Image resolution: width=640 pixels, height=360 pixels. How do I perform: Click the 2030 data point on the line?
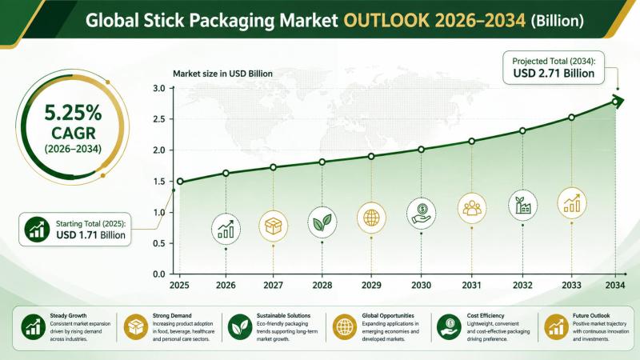(422, 150)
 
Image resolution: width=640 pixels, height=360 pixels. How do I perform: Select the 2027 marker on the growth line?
(273, 167)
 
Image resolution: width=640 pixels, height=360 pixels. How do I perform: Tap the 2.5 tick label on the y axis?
(158, 119)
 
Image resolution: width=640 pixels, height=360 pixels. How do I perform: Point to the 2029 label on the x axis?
(371, 285)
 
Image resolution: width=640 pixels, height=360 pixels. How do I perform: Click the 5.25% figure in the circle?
(73, 113)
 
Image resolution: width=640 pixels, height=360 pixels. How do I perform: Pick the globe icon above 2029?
(371, 218)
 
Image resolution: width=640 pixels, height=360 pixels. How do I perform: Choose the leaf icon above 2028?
(322, 222)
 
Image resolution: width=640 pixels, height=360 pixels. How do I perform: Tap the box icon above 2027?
(273, 226)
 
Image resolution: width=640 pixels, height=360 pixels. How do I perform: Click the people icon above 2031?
(472, 208)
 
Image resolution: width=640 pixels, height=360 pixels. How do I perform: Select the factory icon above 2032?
(523, 205)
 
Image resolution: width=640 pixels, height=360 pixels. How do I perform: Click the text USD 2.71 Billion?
(554, 74)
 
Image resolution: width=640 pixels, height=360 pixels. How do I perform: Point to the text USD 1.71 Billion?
(90, 235)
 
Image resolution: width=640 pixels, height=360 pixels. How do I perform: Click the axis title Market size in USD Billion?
(222, 74)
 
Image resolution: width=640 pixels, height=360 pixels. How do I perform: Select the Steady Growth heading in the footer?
(68, 315)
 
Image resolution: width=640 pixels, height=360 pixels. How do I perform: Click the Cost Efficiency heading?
(486, 315)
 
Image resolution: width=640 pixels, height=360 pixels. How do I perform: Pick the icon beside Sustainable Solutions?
(239, 327)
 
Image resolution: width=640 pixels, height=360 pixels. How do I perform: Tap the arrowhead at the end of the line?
(618, 101)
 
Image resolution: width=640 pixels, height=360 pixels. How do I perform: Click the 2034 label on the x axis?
(615, 285)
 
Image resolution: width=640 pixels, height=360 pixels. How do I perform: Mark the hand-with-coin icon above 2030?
(422, 213)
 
